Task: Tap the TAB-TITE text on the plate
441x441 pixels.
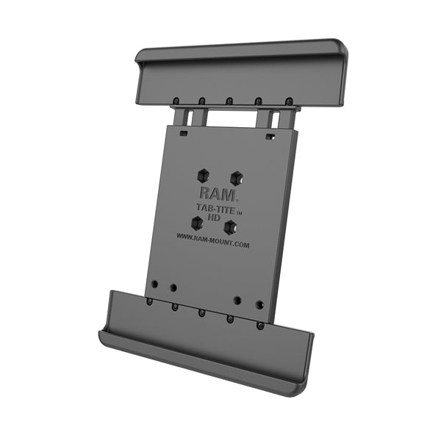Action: (218, 209)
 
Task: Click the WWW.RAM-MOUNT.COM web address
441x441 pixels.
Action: (212, 240)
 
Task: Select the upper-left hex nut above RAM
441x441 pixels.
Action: (204, 175)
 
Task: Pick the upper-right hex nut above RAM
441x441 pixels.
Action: (236, 177)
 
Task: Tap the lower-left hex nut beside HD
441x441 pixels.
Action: (197, 222)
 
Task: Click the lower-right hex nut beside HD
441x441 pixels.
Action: (229, 227)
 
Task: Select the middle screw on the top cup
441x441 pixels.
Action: (229, 101)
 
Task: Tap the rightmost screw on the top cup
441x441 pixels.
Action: (289, 101)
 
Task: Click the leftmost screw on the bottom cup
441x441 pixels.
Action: (149, 301)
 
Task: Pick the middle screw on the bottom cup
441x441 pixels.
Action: (201, 312)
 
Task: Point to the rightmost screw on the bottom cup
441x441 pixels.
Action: (259, 325)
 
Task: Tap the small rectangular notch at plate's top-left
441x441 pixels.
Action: (182, 134)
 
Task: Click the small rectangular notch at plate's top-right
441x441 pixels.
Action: (270, 137)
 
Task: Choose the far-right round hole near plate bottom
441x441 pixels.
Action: (259, 303)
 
